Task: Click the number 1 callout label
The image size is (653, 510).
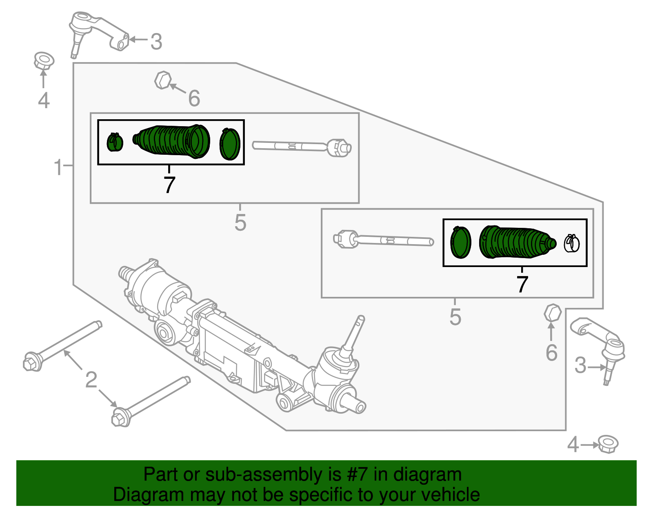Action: [58, 167]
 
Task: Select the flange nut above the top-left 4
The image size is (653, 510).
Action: [44, 61]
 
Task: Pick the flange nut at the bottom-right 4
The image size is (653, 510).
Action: [608, 444]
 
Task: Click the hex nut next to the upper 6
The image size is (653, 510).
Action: [162, 80]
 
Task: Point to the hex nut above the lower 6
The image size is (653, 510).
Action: [553, 313]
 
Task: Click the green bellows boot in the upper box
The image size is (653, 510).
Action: [173, 141]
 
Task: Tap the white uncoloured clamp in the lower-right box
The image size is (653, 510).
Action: [571, 243]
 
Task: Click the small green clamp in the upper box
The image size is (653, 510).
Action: [115, 142]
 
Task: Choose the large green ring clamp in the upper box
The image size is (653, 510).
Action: [230, 144]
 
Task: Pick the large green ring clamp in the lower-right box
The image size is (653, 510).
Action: [460, 242]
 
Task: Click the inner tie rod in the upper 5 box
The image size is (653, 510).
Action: [302, 147]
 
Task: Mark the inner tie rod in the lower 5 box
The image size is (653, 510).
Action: [384, 240]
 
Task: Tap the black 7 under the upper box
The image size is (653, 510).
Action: [169, 185]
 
